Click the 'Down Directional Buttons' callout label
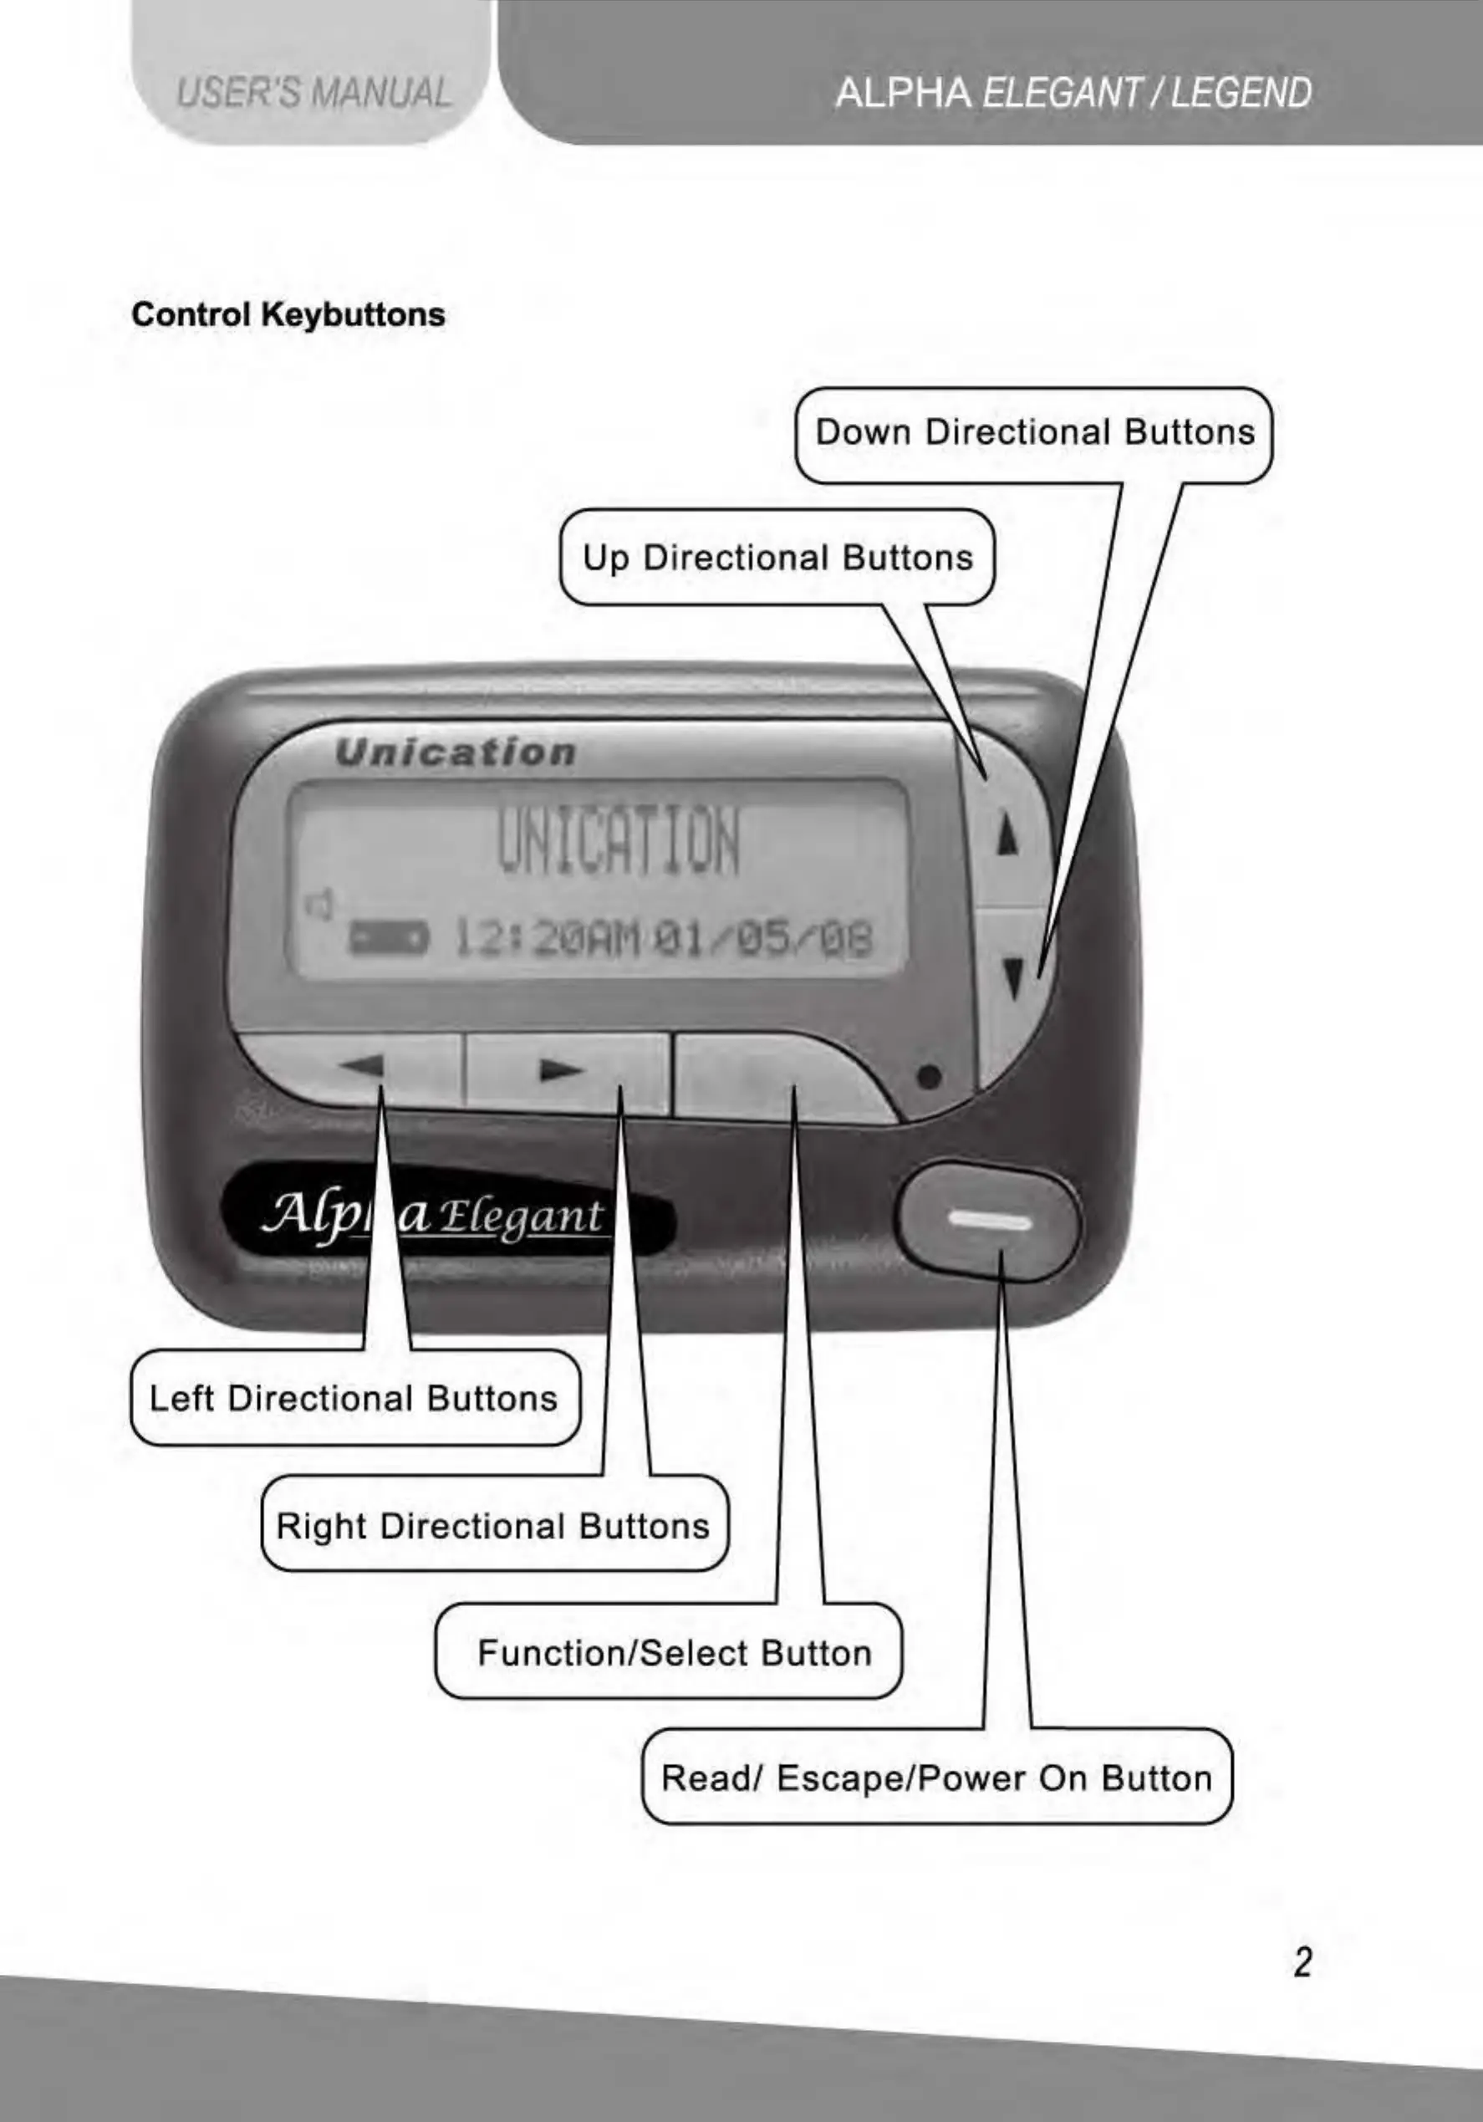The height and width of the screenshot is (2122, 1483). click(x=1034, y=432)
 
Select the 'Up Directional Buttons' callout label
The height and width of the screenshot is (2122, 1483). click(x=777, y=559)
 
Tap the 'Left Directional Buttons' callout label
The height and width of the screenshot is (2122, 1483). click(x=354, y=1398)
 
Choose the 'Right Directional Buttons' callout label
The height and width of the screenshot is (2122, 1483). click(x=493, y=1526)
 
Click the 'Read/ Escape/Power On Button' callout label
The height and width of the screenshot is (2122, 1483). click(x=936, y=1778)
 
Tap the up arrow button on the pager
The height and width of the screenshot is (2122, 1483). click(x=1009, y=835)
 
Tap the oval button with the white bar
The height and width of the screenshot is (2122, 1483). click(x=989, y=1222)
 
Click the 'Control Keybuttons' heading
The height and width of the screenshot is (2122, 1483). click(x=288, y=315)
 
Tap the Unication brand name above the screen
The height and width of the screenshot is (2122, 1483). click(x=456, y=753)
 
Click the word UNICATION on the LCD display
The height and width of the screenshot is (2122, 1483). click(x=618, y=843)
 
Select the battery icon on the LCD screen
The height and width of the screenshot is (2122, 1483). click(x=387, y=940)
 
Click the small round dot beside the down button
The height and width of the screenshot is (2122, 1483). click(x=930, y=1077)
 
